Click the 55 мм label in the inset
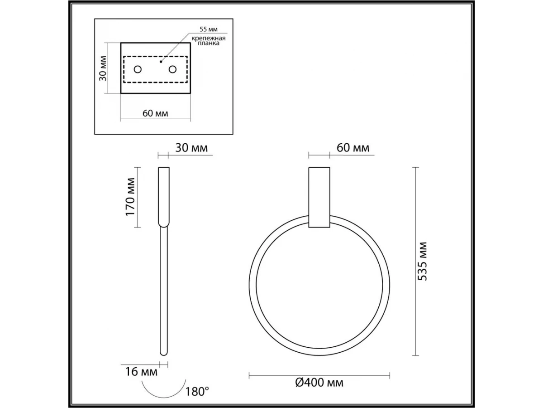209,29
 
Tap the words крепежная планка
209,41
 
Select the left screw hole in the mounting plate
138,69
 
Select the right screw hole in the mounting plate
173,69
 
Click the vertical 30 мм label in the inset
103,68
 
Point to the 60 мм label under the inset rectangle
155,113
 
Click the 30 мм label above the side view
191,148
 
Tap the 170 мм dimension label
130,197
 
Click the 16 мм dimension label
142,372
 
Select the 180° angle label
197,392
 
